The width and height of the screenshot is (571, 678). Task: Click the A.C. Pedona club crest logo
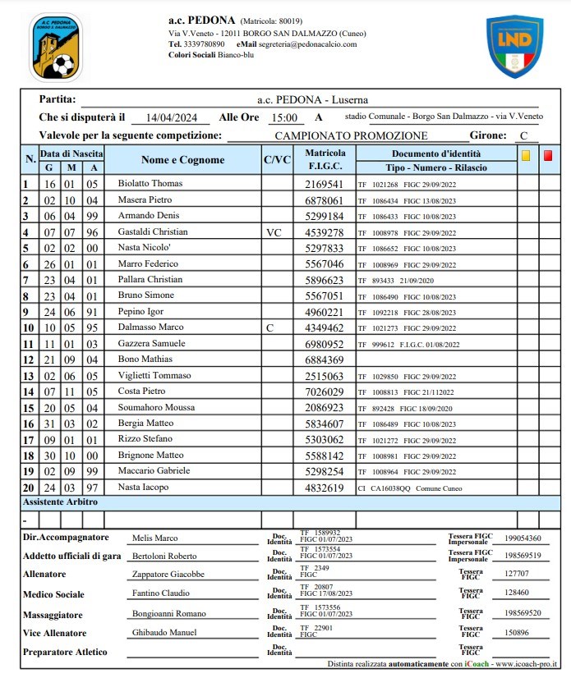[56, 47]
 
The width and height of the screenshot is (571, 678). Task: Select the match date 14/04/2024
[168, 118]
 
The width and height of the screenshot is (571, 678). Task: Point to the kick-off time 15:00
[283, 118]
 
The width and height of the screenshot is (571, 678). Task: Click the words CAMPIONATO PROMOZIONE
[351, 135]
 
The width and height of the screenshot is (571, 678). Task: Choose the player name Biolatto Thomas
[150, 184]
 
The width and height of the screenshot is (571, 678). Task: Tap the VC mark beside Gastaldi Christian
[274, 232]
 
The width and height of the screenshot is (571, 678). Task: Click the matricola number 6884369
[324, 360]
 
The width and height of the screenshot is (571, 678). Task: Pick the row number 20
[28, 488]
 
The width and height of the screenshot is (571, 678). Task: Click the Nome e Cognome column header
[182, 160]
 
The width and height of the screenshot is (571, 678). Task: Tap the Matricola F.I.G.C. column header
[325, 160]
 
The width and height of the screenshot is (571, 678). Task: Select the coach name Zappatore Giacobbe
[168, 575]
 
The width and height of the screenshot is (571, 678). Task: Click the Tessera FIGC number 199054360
[523, 538]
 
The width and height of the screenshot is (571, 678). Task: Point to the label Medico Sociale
[53, 594]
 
